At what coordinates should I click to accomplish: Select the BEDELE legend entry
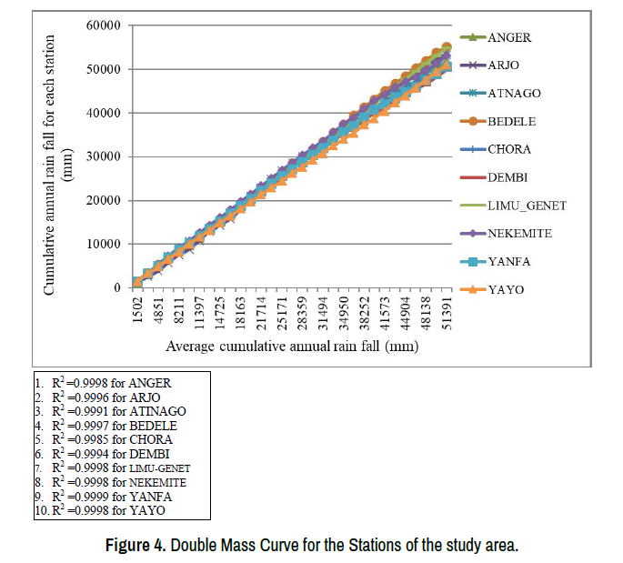tap(509, 121)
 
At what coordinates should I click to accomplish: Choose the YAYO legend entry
tap(506, 290)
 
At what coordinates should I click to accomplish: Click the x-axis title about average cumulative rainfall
tap(291, 347)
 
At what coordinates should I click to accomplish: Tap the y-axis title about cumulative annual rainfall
tap(58, 164)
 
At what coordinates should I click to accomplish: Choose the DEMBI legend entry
tap(508, 177)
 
